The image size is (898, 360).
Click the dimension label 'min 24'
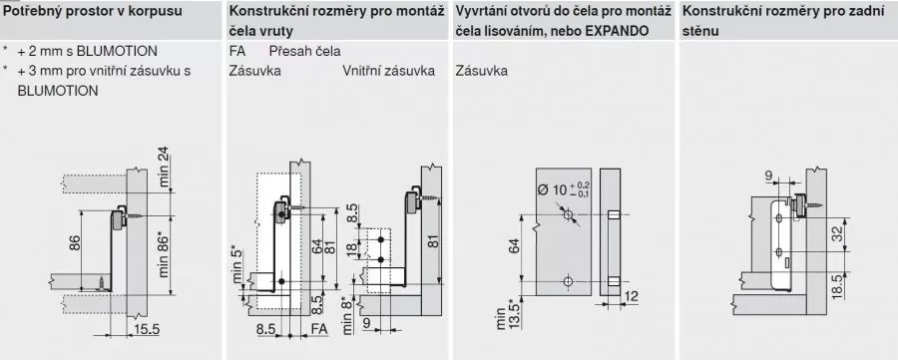166,168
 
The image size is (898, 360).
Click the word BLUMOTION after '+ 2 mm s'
117,52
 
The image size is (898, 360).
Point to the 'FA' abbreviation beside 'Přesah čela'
237,52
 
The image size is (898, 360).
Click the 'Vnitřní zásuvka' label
389,71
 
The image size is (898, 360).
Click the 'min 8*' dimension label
347,315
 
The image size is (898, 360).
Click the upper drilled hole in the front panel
568,215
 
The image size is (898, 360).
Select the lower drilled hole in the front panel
568,281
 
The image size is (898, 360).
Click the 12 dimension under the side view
632,296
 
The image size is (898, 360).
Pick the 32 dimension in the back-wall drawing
837,234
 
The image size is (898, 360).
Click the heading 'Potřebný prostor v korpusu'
94,11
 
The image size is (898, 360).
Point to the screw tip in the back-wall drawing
822,204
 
